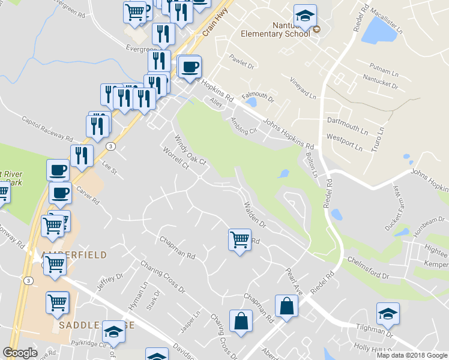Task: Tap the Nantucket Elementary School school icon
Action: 305,17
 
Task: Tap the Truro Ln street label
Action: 378,139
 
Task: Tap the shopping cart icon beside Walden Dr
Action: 240,240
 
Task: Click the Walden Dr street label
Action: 255,215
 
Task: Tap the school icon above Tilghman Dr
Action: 388,314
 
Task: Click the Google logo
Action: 20,353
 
